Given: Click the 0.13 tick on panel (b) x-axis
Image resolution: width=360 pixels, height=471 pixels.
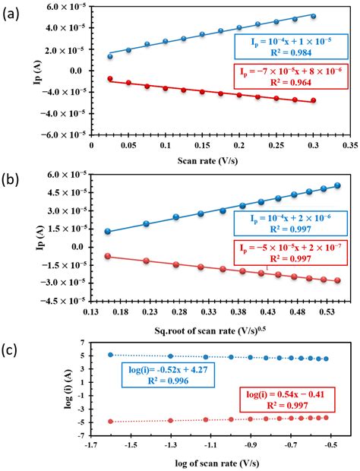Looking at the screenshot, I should point(90,311).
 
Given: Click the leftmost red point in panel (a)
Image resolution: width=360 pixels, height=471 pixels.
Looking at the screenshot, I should point(110,78).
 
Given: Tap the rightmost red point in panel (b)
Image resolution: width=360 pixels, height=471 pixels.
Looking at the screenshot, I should point(336,280).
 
